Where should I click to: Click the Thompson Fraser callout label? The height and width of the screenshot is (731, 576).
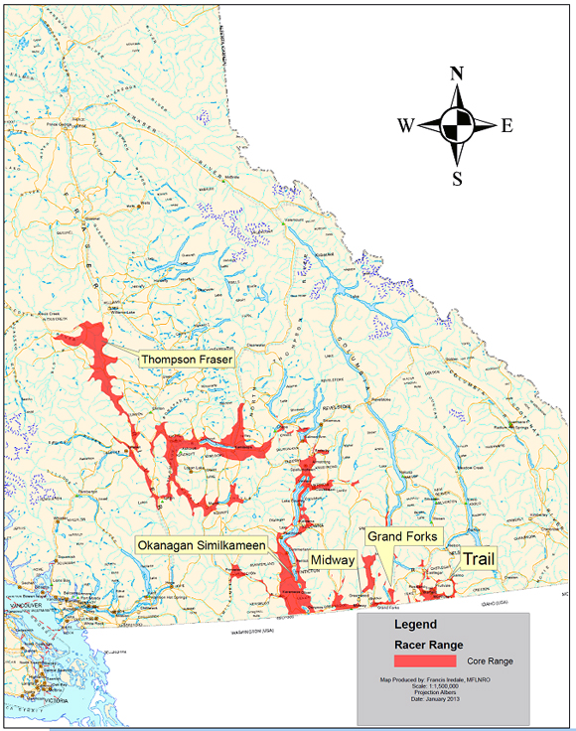coord(187,359)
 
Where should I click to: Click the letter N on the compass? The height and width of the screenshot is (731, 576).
coord(457,73)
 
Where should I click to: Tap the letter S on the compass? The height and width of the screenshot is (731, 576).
coord(457,179)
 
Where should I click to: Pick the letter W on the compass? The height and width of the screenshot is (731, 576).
coord(406,126)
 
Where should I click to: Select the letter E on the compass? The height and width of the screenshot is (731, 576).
coord(506,126)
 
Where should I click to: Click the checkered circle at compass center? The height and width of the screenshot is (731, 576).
coord(457,126)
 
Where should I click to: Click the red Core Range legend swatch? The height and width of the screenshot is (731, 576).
coord(424,660)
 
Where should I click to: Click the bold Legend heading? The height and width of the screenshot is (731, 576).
coord(415,626)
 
